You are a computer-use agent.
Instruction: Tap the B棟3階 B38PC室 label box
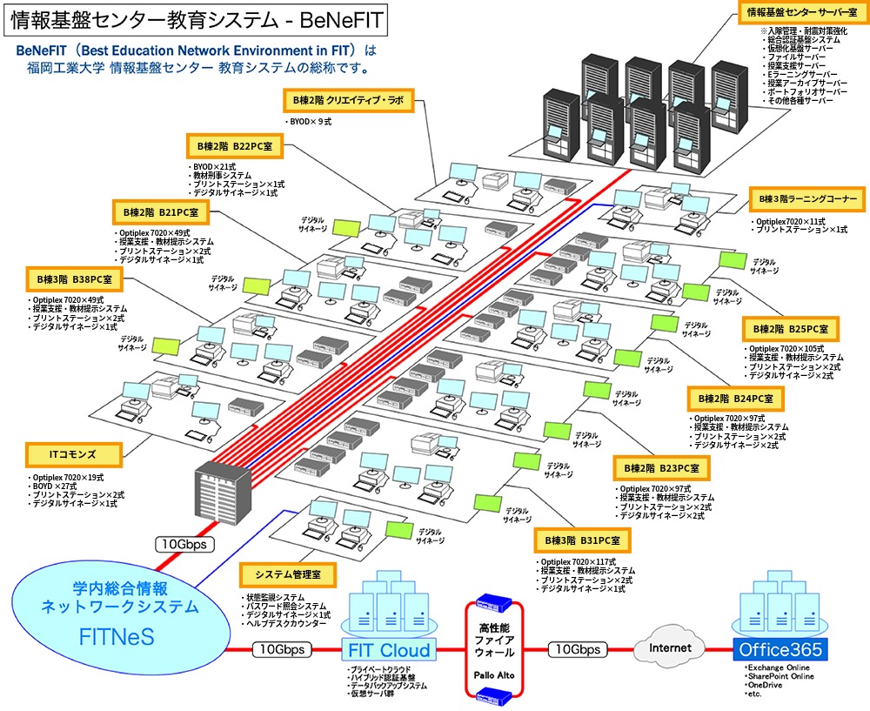click(x=76, y=278)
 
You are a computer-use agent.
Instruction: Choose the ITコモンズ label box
click(x=73, y=453)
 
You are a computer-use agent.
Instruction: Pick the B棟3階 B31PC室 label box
click(x=583, y=540)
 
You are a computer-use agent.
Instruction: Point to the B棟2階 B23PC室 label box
click(x=661, y=467)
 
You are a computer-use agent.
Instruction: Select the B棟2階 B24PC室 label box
click(x=736, y=399)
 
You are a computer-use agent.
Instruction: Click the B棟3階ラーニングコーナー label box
click(x=807, y=199)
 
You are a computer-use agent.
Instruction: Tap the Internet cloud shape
click(x=671, y=647)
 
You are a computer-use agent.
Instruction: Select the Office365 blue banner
click(x=780, y=649)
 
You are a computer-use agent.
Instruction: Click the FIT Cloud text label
click(x=389, y=650)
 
